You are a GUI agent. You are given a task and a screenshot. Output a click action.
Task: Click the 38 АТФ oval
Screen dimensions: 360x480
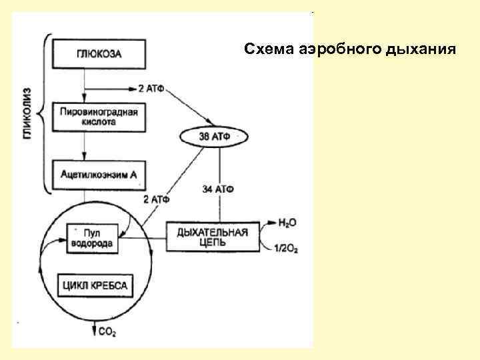(213, 136)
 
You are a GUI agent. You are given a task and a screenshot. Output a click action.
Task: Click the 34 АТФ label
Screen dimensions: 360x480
(217, 189)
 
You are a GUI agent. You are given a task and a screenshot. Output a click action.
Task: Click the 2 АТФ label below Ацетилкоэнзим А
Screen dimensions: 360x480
(155, 199)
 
